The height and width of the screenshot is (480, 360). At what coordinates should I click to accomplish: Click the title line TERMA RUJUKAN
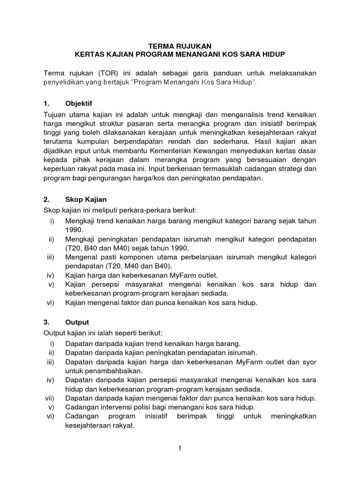180,45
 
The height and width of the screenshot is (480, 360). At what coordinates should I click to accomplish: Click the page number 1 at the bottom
180,449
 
